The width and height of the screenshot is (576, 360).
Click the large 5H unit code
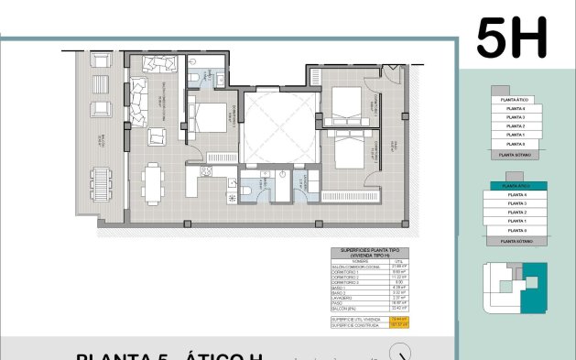(x=511, y=38)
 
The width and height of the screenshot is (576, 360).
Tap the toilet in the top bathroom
(x=196, y=76)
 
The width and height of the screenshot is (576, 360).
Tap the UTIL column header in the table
(x=396, y=261)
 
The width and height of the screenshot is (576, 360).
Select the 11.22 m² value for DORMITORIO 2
(x=396, y=278)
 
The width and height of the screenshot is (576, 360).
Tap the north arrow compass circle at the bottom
(x=399, y=354)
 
